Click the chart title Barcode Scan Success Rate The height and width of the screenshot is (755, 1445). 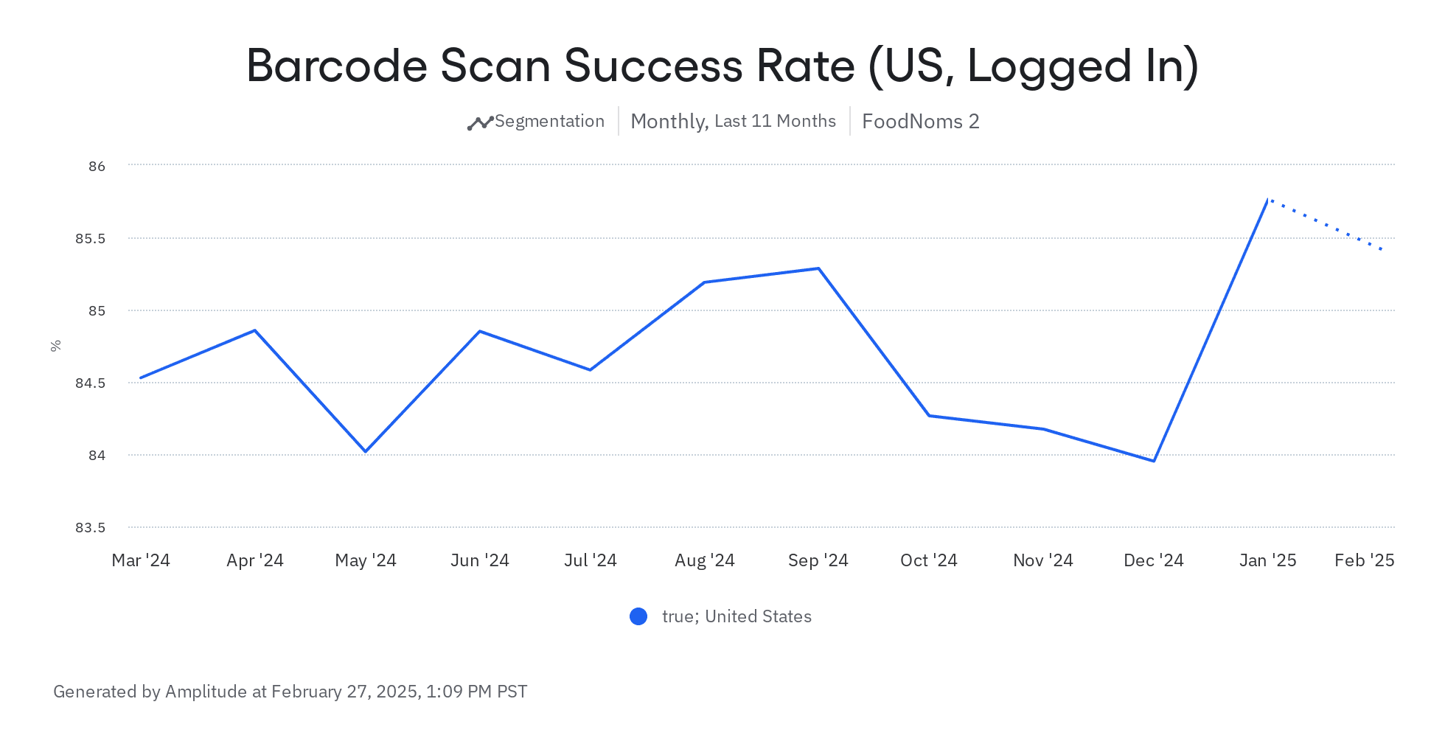point(722,66)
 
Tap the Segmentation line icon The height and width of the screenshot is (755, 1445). point(480,122)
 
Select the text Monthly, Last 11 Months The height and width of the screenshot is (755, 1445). point(733,122)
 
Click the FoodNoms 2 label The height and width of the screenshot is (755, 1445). point(920,122)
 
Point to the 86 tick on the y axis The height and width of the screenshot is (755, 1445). point(97,167)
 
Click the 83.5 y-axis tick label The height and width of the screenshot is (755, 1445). point(90,528)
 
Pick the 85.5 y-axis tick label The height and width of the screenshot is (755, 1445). point(90,239)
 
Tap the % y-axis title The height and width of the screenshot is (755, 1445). point(56,346)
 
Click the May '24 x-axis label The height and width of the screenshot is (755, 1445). point(366,561)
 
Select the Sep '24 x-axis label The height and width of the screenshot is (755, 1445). point(818,561)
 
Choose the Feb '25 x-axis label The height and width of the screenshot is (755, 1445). point(1364,561)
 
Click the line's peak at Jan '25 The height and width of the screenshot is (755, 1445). point(1267,200)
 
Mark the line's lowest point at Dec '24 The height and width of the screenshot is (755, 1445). point(1154,461)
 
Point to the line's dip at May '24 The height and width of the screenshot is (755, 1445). point(366,451)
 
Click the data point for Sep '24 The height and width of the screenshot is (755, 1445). point(818,268)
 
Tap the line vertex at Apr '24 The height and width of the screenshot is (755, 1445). point(255,330)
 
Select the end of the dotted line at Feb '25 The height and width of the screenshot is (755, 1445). point(1382,250)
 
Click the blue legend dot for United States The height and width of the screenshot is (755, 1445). point(638,616)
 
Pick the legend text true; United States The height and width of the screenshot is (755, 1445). point(737,616)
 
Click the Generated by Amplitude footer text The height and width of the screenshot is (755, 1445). point(290,692)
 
